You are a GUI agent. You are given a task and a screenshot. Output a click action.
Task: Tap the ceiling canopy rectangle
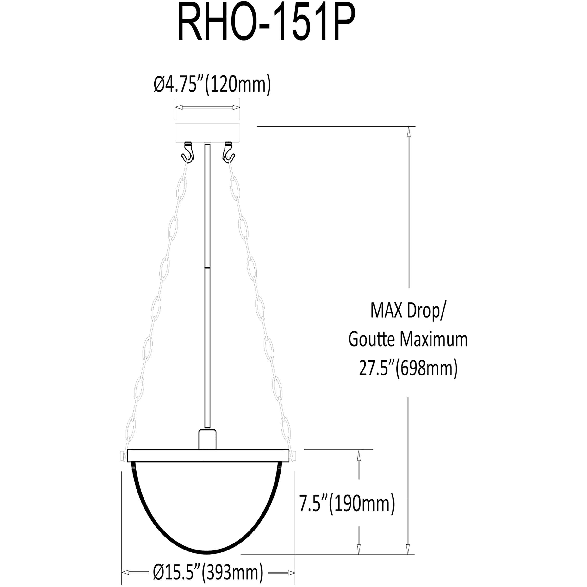pos(207,132)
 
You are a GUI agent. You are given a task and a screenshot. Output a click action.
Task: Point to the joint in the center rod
pos(207,267)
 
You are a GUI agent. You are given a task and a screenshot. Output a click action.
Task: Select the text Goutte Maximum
pos(408,340)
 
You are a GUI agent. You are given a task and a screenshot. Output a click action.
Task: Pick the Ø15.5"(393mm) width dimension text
pos(208,573)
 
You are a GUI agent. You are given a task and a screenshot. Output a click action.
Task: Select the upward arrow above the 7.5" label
pos(358,456)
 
